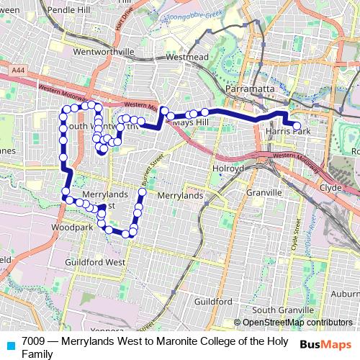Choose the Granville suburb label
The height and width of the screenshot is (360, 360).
(264, 193)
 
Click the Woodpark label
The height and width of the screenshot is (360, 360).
(73, 228)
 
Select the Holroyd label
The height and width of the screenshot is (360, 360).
(229, 168)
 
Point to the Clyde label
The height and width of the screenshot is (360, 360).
(330, 186)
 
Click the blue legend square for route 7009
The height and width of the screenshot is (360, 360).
(10, 344)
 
